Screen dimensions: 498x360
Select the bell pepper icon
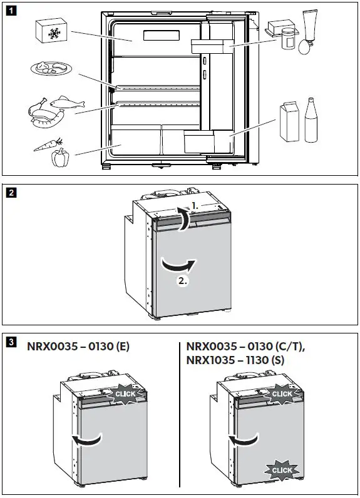[x=59, y=158]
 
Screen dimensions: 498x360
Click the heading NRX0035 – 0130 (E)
[x=78, y=346]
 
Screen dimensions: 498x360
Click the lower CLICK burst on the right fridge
[x=282, y=470]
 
